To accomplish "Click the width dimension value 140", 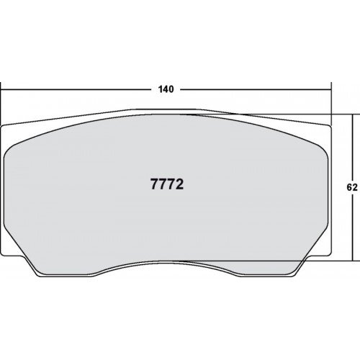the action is pos(166,89).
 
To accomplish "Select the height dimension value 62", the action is pos(352,187).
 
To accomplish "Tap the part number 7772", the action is pos(167,184).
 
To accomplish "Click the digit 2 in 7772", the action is pos(179,184).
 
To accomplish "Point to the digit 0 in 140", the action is pos(171,89).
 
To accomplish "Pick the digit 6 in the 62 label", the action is pos(349,187).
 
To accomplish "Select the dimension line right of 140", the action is pos(256,90).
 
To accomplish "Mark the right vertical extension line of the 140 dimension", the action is pos(331,104).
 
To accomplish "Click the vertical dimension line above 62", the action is pos(353,148).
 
